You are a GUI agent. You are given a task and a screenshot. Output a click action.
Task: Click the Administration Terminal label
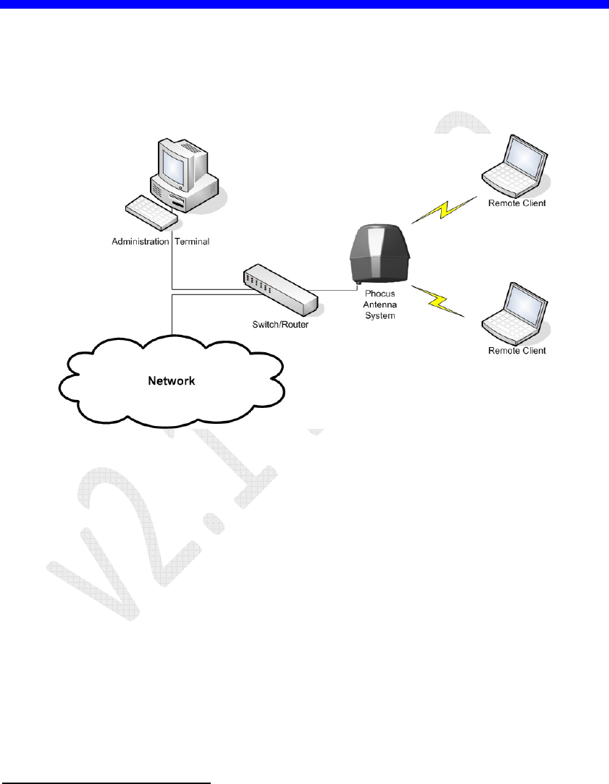[x=160, y=242]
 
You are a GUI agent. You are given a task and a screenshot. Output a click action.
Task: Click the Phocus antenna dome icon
[x=381, y=253]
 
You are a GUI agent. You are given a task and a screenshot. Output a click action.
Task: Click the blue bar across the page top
[x=304, y=4]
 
